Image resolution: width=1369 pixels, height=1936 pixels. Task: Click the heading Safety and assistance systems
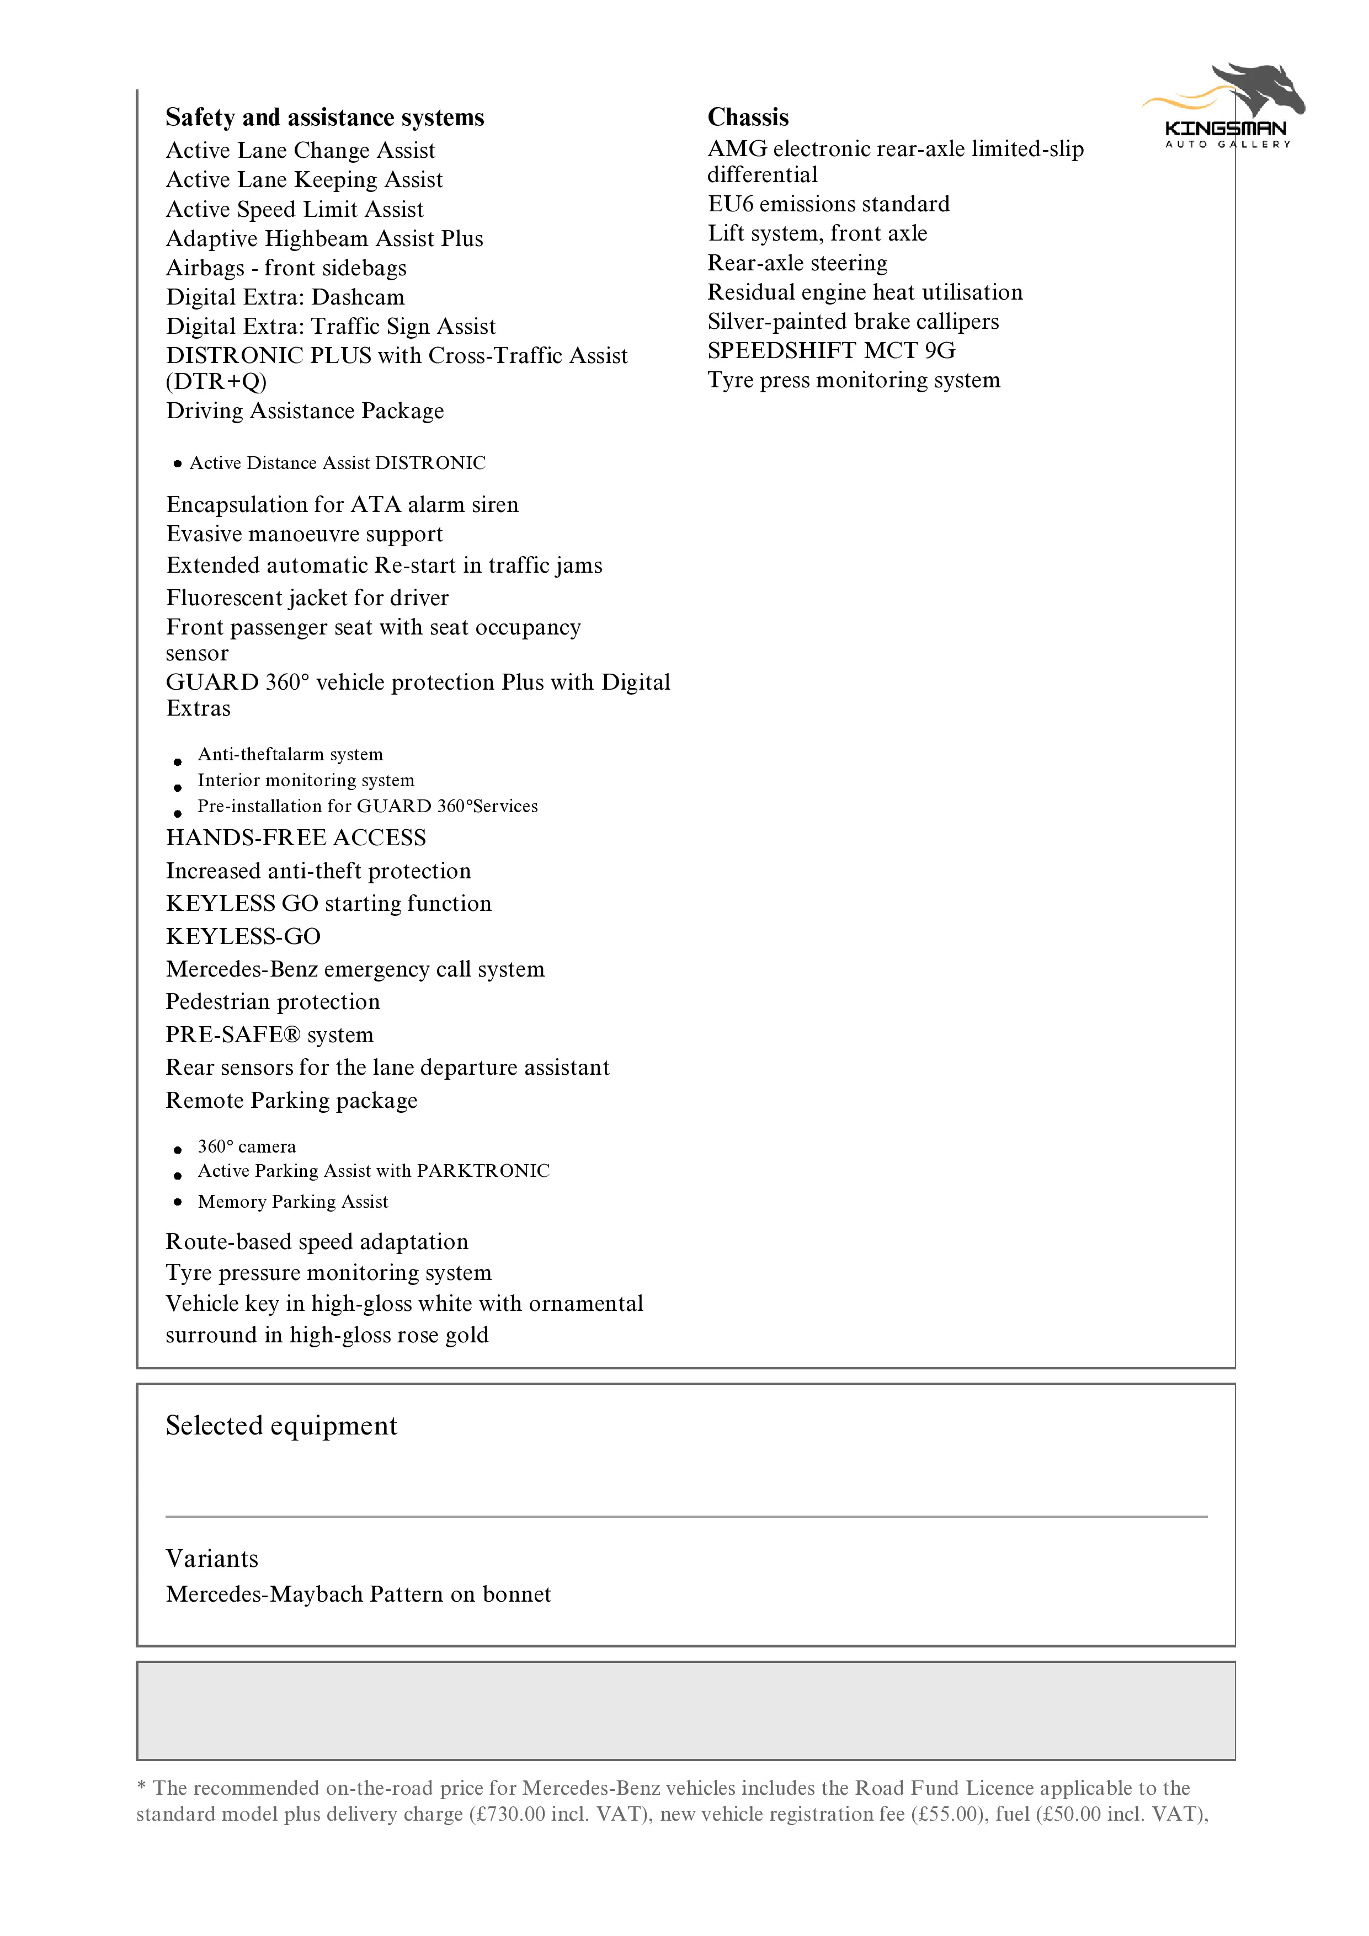[x=325, y=117]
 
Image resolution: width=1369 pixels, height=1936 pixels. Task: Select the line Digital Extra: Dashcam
[x=285, y=297]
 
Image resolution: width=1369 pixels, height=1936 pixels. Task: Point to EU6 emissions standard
[x=828, y=204]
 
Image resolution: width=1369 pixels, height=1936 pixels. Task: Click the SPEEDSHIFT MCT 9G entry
[x=831, y=351]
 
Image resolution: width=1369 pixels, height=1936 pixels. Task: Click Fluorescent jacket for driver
[x=307, y=598]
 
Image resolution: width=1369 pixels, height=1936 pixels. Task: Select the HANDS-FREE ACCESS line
[x=296, y=838]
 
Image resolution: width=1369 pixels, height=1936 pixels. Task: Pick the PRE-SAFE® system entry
[x=269, y=1034]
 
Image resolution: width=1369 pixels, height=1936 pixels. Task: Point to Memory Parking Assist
[x=292, y=1202]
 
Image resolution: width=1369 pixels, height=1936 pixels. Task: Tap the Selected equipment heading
[x=281, y=1426]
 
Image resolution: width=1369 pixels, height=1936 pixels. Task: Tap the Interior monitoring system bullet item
[x=305, y=781]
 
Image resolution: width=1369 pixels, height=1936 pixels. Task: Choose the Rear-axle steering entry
[x=797, y=263]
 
